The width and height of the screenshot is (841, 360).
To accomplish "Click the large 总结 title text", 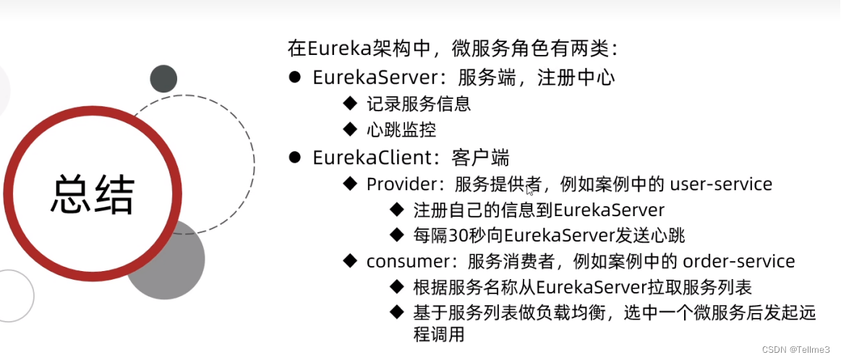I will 93,194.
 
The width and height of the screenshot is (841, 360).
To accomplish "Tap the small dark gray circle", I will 163,79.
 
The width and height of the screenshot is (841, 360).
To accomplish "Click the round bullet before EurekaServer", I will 294,77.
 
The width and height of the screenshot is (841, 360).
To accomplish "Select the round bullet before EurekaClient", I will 294,157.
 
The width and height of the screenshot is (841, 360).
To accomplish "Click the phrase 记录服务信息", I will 419,104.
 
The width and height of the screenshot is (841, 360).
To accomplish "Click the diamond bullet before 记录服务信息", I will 351,104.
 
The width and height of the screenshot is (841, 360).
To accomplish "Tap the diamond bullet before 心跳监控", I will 351,130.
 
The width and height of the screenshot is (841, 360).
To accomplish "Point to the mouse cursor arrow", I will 530,190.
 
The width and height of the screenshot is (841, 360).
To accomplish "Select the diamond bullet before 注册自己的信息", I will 396,210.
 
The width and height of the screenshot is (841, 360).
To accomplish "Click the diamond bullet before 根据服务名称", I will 396,287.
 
